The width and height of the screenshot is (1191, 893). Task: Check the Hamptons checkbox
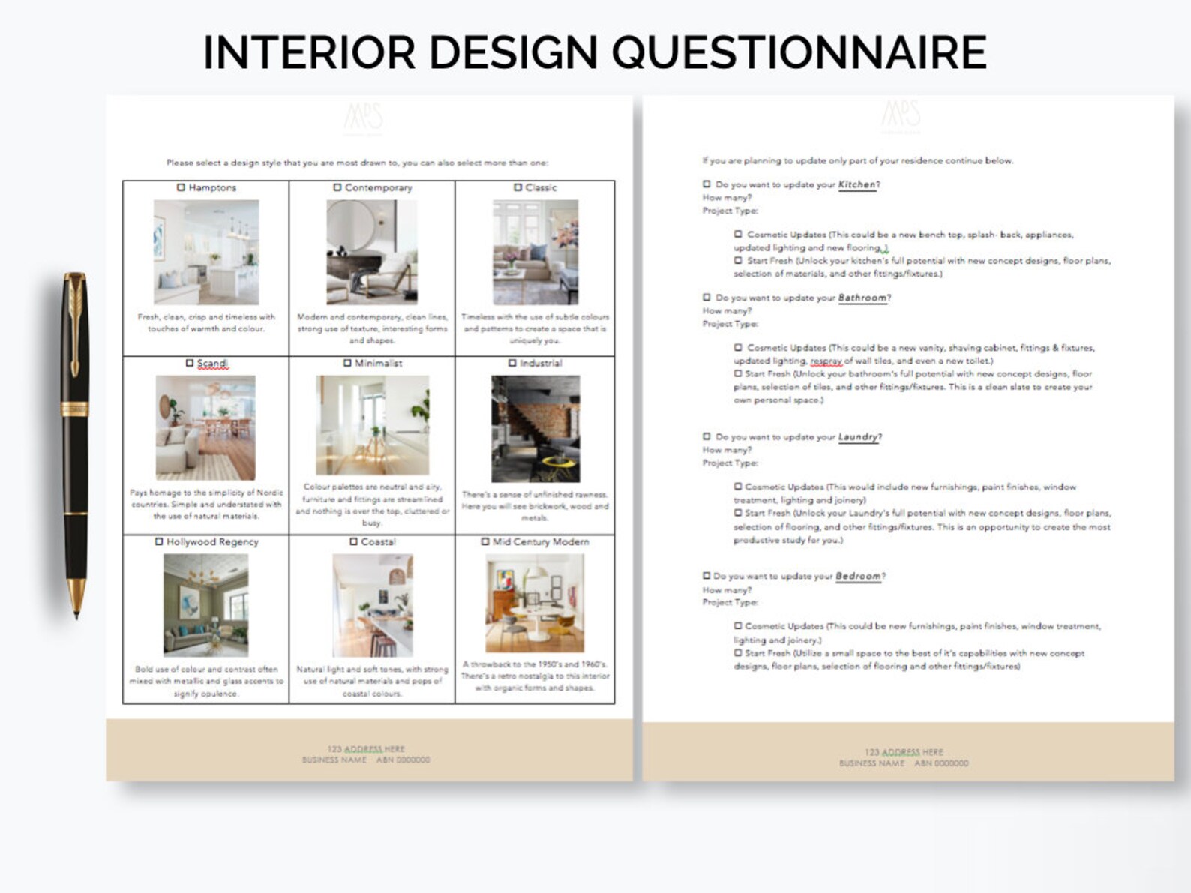181,187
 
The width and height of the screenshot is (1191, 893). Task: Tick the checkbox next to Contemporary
337,187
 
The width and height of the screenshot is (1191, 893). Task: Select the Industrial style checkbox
512,363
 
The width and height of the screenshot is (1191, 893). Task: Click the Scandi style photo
205,427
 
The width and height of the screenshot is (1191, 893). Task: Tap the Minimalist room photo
372,425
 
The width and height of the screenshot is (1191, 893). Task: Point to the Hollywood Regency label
212,541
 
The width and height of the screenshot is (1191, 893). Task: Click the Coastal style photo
372,605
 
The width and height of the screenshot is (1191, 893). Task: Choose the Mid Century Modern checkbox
485,541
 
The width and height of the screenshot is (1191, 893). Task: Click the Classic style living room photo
535,252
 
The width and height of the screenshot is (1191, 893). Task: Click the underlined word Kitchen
856,184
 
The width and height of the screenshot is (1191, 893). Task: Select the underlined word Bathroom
862,298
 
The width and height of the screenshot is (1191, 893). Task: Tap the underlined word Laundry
858,436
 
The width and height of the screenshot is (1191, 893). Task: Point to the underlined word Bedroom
858,576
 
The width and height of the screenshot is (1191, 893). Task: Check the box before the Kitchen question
706,184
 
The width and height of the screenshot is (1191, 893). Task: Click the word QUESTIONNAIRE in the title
799,52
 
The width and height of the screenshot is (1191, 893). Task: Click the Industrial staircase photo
535,429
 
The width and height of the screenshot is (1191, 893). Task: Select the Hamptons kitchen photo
206,252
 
